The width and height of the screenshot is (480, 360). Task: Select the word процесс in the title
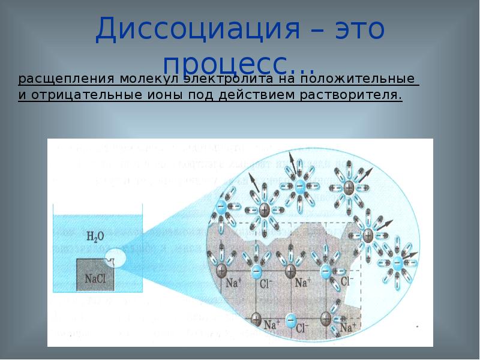click(x=229, y=63)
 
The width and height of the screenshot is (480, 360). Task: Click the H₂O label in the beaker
click(x=94, y=236)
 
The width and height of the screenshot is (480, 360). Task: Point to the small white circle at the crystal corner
click(x=116, y=259)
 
